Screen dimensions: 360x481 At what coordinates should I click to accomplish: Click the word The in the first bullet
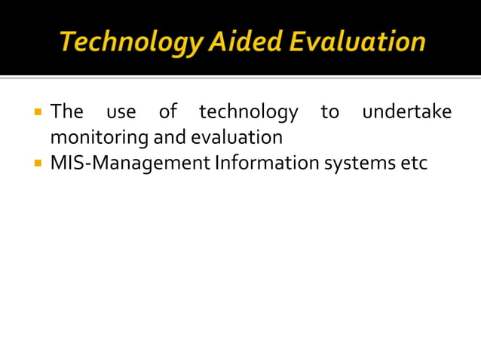coord(66,112)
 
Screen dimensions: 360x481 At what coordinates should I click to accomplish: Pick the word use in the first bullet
coord(121,113)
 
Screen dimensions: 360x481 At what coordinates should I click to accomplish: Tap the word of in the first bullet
coord(167,112)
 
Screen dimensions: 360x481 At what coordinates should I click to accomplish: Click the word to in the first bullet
coord(329,113)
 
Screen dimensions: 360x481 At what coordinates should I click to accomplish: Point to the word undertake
coord(407,112)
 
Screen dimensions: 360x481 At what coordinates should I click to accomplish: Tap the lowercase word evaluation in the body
coord(236,138)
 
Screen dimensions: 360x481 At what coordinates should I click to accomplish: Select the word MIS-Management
coord(130,163)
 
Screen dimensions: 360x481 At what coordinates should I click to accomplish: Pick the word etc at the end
coord(414,163)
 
